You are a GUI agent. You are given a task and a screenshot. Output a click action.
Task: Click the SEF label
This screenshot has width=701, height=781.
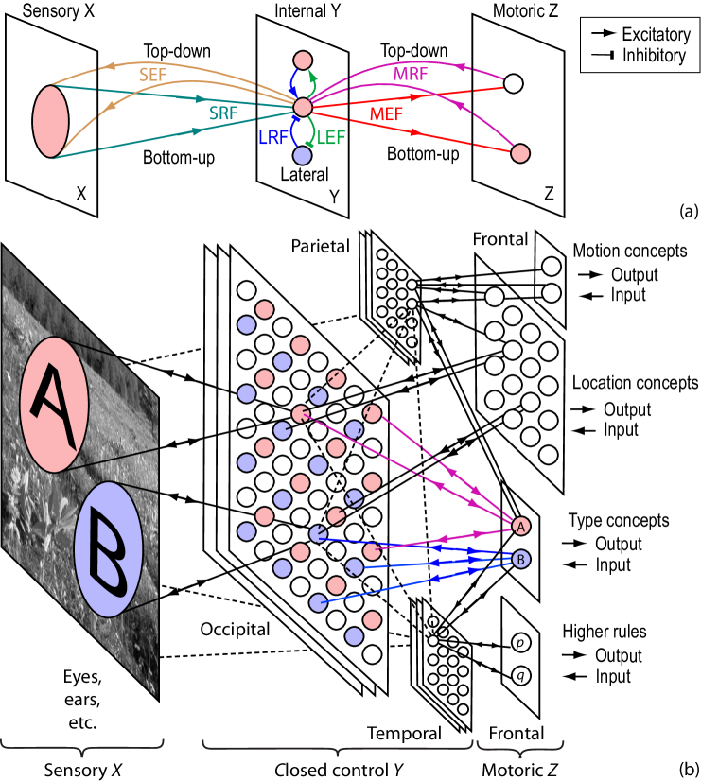[152, 75]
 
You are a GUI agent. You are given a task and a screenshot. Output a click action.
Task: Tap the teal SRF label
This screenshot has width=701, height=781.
[224, 113]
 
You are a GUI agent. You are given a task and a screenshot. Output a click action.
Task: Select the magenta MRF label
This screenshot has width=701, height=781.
[411, 74]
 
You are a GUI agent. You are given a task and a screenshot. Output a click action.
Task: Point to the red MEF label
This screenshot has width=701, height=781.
[386, 114]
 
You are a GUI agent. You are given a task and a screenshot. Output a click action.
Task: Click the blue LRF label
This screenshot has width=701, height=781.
[272, 138]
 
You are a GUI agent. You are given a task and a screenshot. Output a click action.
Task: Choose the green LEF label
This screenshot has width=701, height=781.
[331, 138]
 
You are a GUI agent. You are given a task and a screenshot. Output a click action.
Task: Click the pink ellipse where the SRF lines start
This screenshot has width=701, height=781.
[51, 121]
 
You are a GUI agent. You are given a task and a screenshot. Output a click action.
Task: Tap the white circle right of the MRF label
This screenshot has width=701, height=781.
[513, 83]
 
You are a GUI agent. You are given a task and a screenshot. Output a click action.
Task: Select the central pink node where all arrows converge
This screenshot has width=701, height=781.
[303, 108]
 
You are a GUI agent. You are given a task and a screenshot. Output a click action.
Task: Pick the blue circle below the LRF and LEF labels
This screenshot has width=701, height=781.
[302, 156]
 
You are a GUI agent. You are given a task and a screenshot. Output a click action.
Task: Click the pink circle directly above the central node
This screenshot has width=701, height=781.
[303, 61]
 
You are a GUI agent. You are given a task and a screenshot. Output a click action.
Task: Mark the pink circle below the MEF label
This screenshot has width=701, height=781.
[519, 153]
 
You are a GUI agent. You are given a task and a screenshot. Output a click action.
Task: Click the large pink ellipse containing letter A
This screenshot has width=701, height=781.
[54, 405]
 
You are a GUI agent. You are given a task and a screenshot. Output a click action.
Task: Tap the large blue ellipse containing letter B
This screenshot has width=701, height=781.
[108, 549]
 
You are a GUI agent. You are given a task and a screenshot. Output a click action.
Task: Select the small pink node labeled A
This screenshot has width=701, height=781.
[520, 527]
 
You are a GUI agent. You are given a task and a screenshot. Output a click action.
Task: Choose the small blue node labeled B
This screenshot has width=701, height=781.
[520, 560]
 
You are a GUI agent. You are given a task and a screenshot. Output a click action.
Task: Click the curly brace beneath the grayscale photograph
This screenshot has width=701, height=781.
[82, 748]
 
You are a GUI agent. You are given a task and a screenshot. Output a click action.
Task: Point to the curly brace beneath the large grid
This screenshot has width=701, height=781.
[338, 749]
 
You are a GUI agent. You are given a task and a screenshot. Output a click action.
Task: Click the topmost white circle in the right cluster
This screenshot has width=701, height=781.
[551, 267]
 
